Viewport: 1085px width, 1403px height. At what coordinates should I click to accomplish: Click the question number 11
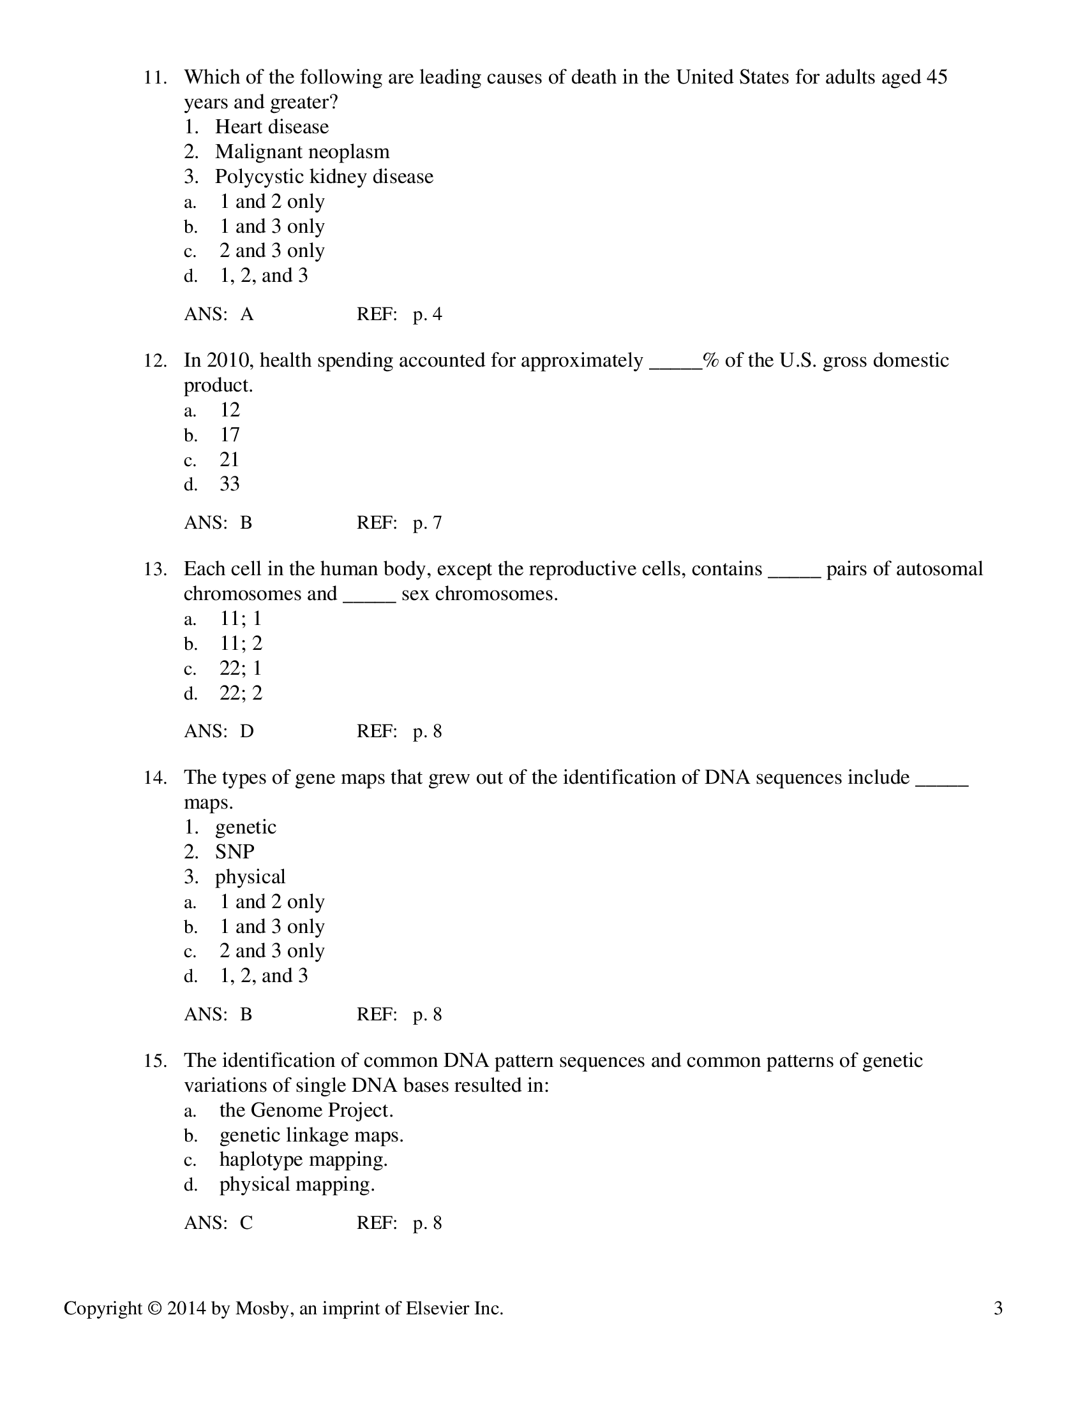[x=154, y=78]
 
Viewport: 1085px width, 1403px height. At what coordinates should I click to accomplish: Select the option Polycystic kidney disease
[x=324, y=177]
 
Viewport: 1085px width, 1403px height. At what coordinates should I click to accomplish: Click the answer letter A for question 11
[x=247, y=315]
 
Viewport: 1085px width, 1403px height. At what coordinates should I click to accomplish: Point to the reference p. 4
[x=428, y=315]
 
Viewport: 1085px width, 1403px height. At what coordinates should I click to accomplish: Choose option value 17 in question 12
[x=230, y=435]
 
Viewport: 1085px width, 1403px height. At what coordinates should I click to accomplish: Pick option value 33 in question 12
[x=230, y=485]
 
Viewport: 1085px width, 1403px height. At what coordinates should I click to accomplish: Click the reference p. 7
[x=428, y=523]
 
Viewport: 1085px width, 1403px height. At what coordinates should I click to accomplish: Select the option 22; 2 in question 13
[x=241, y=693]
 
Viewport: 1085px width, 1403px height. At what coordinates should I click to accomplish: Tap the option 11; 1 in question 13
[x=241, y=619]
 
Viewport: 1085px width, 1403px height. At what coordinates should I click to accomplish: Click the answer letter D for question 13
[x=247, y=731]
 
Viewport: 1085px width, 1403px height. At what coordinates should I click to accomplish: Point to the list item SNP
[x=235, y=852]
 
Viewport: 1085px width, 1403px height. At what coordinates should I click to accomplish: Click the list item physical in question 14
[x=250, y=877]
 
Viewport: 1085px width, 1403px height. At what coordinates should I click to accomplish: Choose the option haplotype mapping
[x=303, y=1159]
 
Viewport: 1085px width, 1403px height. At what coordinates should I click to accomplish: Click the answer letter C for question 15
[x=246, y=1223]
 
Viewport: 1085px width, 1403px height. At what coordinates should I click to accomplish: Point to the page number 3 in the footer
[x=998, y=1309]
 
